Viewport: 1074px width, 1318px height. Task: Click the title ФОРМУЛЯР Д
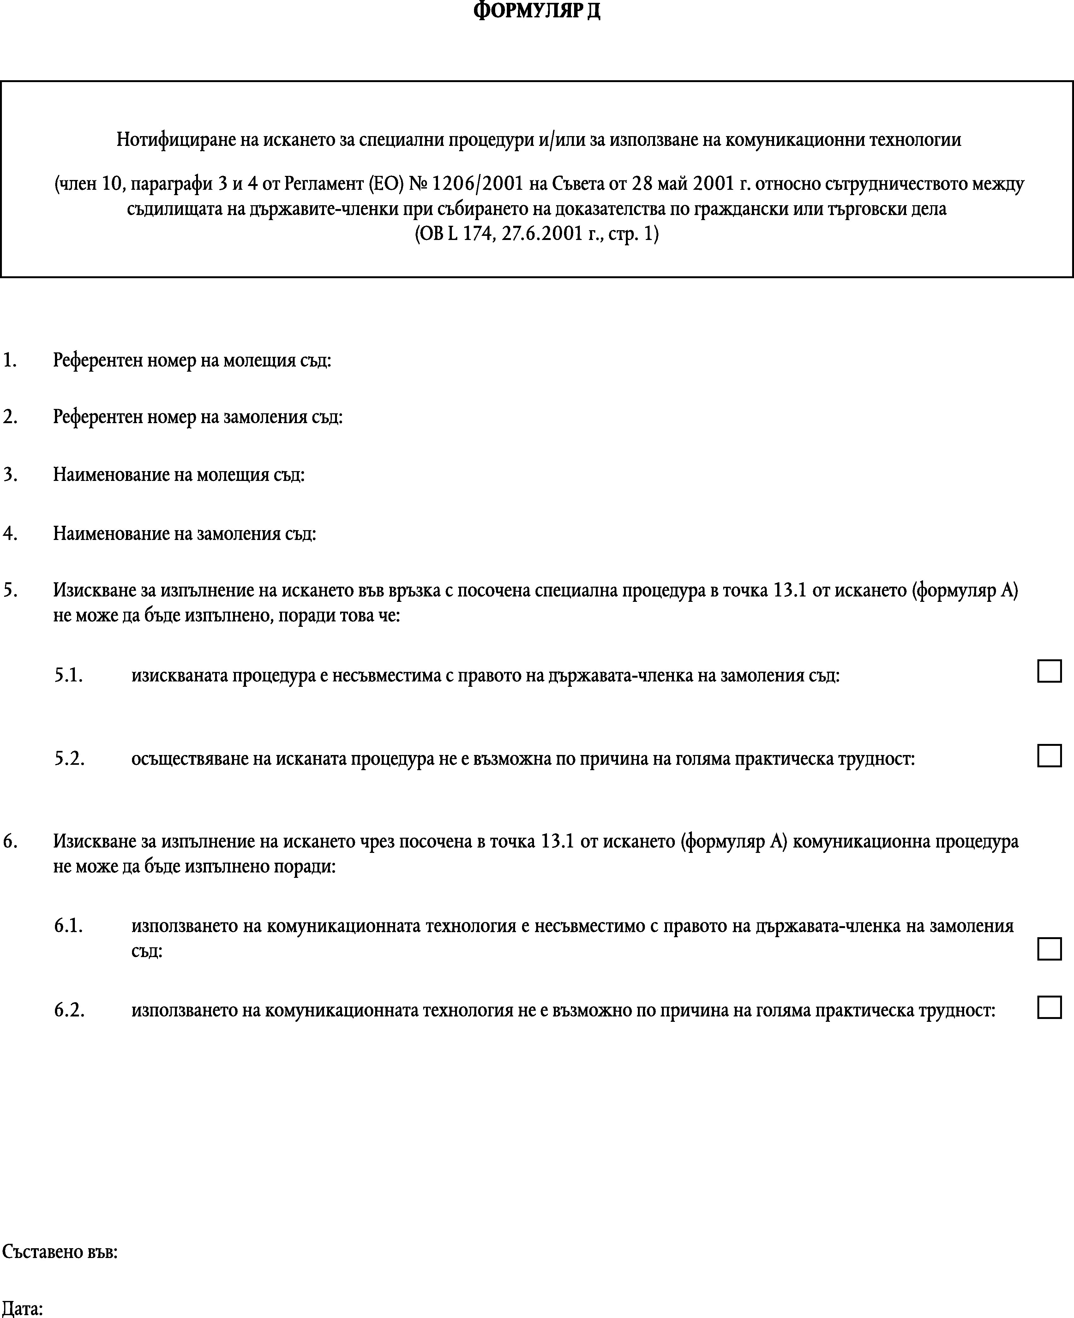click(x=537, y=11)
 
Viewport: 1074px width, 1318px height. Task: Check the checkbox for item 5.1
click(x=1049, y=671)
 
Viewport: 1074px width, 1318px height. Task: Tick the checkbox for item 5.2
click(x=1049, y=756)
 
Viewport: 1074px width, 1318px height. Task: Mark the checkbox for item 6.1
click(x=1049, y=949)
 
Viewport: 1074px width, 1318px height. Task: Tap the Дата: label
click(x=23, y=1309)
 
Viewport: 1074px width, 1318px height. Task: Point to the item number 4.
click(x=10, y=533)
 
